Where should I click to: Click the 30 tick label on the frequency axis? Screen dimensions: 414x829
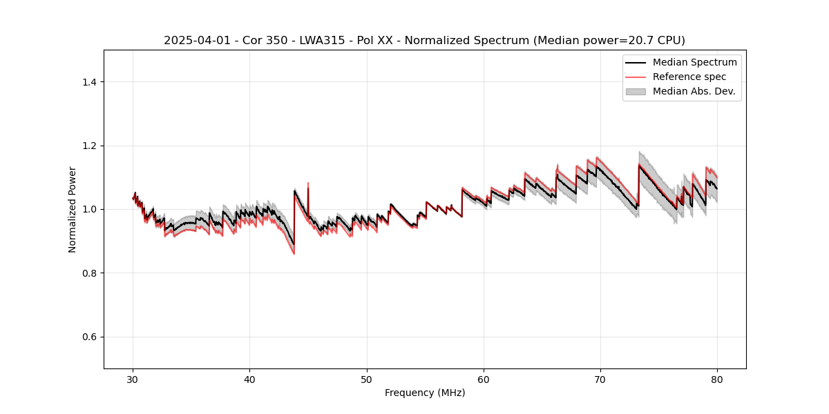tap(133, 379)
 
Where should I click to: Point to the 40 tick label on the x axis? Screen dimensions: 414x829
tap(250, 379)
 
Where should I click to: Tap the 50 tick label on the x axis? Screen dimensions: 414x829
tap(367, 379)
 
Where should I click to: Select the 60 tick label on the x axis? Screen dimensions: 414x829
tap(484, 379)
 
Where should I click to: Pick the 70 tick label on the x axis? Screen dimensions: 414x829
tap(600, 379)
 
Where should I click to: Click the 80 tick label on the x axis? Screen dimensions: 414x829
tap(717, 379)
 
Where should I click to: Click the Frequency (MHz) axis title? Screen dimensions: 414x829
tap(425, 393)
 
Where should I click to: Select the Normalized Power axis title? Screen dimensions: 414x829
tap(73, 209)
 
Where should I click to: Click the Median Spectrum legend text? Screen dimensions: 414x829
tap(694, 63)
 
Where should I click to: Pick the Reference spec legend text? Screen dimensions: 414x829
tap(689, 77)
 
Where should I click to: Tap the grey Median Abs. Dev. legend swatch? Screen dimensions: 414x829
tap(635, 91)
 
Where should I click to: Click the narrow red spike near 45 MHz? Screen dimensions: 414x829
tap(308, 185)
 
